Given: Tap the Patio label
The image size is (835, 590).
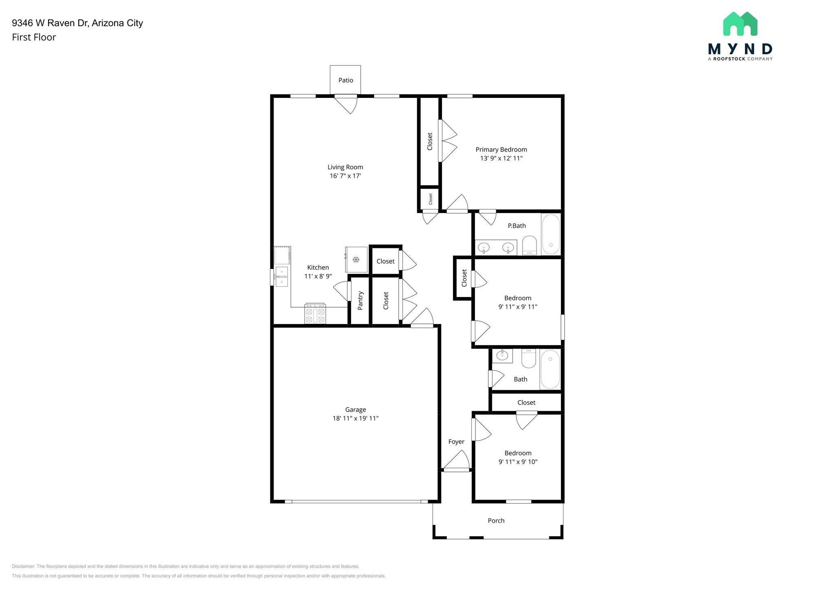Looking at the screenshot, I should coord(345,80).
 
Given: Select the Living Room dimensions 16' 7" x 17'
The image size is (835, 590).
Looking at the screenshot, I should coord(345,176).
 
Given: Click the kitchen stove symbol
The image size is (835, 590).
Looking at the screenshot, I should coord(315,314).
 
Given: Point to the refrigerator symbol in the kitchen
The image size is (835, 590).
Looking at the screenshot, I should coord(356,260).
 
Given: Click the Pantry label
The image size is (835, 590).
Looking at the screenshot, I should coord(360,300).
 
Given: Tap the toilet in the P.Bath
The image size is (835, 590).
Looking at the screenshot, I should coord(530,246).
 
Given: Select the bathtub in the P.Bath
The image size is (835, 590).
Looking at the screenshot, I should coord(551,234).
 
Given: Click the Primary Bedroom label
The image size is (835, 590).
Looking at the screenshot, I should coord(501,150).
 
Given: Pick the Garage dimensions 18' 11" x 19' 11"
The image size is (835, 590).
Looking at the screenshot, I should coord(356,418).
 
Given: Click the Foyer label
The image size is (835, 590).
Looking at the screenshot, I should coord(456,442).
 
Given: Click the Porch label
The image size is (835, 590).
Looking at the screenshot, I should coord(496,521).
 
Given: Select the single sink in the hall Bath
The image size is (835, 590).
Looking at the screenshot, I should coord(502,356).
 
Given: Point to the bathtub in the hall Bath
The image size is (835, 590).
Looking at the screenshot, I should coord(550,370).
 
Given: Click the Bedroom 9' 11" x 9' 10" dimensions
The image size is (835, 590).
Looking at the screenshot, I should coord(518,462).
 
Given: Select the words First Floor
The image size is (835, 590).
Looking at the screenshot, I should coord(34,37).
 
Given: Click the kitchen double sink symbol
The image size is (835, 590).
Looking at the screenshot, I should coord(281,277).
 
